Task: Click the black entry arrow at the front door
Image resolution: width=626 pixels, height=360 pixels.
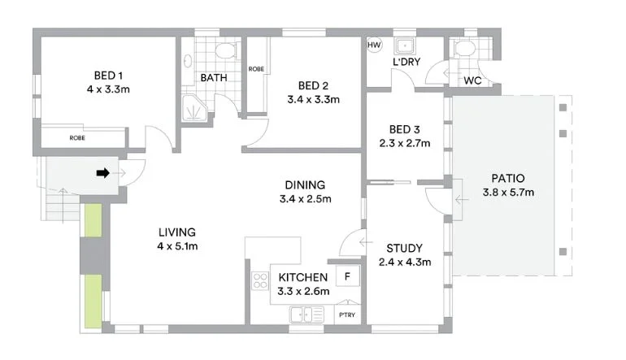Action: (103, 172)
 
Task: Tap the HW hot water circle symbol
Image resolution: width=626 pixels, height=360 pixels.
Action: (375, 46)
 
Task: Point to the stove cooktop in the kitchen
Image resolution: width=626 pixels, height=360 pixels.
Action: (261, 280)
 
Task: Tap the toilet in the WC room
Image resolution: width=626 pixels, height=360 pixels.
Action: (465, 50)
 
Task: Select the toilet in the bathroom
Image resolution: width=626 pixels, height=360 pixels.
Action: (224, 51)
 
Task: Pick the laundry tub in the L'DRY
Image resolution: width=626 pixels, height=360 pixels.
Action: (404, 46)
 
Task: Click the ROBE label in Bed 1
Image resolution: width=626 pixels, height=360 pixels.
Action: (77, 138)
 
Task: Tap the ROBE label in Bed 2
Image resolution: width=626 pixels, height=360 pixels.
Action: (255, 69)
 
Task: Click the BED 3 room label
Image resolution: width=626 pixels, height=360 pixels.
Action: (404, 129)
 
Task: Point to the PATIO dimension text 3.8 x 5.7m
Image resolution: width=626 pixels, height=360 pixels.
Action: (508, 193)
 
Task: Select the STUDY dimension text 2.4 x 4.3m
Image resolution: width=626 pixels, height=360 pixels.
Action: (404, 262)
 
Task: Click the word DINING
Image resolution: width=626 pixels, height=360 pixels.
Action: (305, 184)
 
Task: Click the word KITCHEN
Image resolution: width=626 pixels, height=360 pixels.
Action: (303, 277)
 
